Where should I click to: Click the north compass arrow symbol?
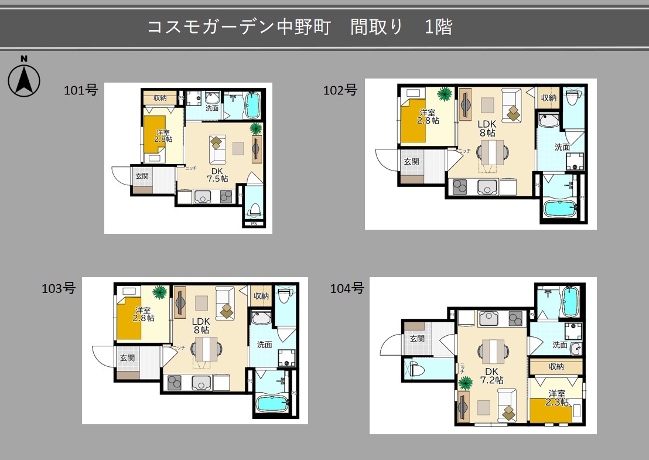point(24,80)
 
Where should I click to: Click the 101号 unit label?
point(80,90)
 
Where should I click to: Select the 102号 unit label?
point(340,90)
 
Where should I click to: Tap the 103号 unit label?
point(59,288)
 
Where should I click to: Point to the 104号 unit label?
point(347,288)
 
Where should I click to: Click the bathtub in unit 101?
point(253,105)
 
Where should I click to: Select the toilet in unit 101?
point(254,209)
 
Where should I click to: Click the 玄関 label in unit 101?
point(142,175)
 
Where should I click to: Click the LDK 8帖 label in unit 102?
point(487,128)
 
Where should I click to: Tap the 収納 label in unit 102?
point(549,98)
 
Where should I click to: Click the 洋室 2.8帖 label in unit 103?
point(144,314)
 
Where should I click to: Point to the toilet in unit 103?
point(284,297)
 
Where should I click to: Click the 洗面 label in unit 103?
point(264,345)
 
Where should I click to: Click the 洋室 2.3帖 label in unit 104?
point(557,398)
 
